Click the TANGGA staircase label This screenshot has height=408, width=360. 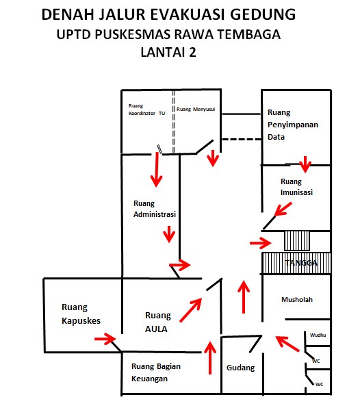[301, 263]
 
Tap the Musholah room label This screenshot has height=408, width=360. [297, 299]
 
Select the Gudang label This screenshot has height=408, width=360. [241, 368]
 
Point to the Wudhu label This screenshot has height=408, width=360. [318, 335]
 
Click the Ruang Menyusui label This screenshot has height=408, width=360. [196, 110]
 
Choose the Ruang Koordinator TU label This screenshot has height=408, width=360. [146, 110]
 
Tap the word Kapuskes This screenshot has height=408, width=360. [81, 321]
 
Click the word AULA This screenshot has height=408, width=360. [156, 329]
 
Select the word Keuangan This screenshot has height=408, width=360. [149, 379]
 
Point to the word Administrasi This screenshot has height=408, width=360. [155, 214]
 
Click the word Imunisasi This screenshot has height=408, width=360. [296, 192]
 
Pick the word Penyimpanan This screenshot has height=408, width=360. [293, 125]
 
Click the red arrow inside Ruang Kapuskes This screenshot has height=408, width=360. [105, 339]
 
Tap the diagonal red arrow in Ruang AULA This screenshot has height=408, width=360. [191, 310]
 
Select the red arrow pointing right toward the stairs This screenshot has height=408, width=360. [260, 243]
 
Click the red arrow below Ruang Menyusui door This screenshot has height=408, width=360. [213, 158]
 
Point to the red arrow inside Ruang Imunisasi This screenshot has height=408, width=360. [283, 209]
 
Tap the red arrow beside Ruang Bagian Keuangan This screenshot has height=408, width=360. [210, 357]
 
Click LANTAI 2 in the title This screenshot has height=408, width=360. [168, 52]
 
